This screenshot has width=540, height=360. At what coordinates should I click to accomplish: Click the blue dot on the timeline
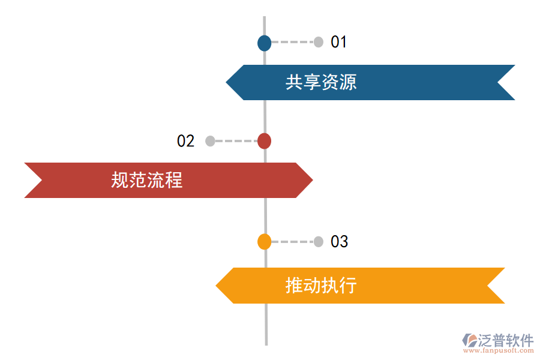pyautogui.click(x=264, y=43)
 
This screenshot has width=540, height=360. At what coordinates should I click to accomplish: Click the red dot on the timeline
pyautogui.click(x=264, y=141)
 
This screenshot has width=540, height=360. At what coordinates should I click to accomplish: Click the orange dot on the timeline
pyautogui.click(x=264, y=241)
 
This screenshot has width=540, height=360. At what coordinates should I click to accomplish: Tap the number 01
pyautogui.click(x=339, y=42)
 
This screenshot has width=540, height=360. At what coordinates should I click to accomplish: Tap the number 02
pyautogui.click(x=185, y=141)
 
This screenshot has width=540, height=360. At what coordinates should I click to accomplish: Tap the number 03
pyautogui.click(x=339, y=241)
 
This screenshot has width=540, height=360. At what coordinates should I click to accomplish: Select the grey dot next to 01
pyautogui.click(x=319, y=42)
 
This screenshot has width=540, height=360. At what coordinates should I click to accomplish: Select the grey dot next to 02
pyautogui.click(x=210, y=141)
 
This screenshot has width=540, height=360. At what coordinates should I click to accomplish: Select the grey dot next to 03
pyautogui.click(x=319, y=241)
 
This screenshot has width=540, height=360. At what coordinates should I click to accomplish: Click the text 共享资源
pyautogui.click(x=321, y=82)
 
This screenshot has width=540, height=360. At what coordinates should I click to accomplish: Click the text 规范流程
pyautogui.click(x=146, y=180)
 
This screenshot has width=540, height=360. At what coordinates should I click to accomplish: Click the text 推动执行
pyautogui.click(x=321, y=285)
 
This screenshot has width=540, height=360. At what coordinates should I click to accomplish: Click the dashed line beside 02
pyautogui.click(x=236, y=141)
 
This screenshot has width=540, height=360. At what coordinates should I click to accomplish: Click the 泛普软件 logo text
pyautogui.click(x=505, y=340)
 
